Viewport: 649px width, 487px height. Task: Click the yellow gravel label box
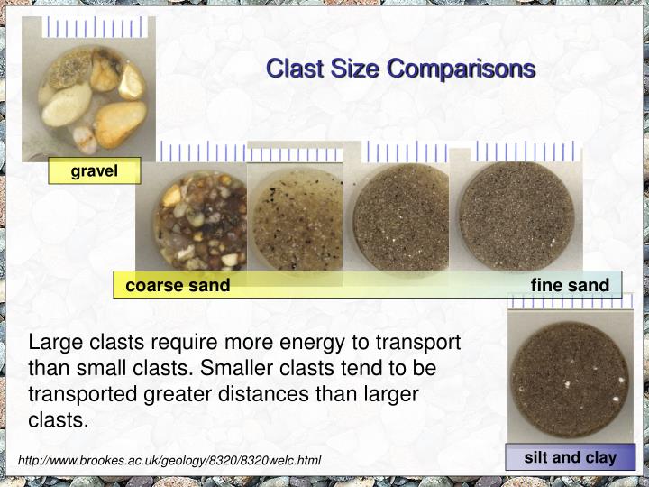click(x=95, y=170)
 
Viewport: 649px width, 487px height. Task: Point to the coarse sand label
click(x=178, y=286)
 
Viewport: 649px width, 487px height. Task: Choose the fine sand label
click(x=570, y=286)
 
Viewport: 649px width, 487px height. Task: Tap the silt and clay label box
click(x=570, y=457)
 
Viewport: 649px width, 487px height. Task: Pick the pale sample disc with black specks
click(x=296, y=216)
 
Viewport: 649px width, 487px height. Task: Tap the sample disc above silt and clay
click(x=569, y=380)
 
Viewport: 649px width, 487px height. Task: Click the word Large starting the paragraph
click(x=56, y=344)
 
